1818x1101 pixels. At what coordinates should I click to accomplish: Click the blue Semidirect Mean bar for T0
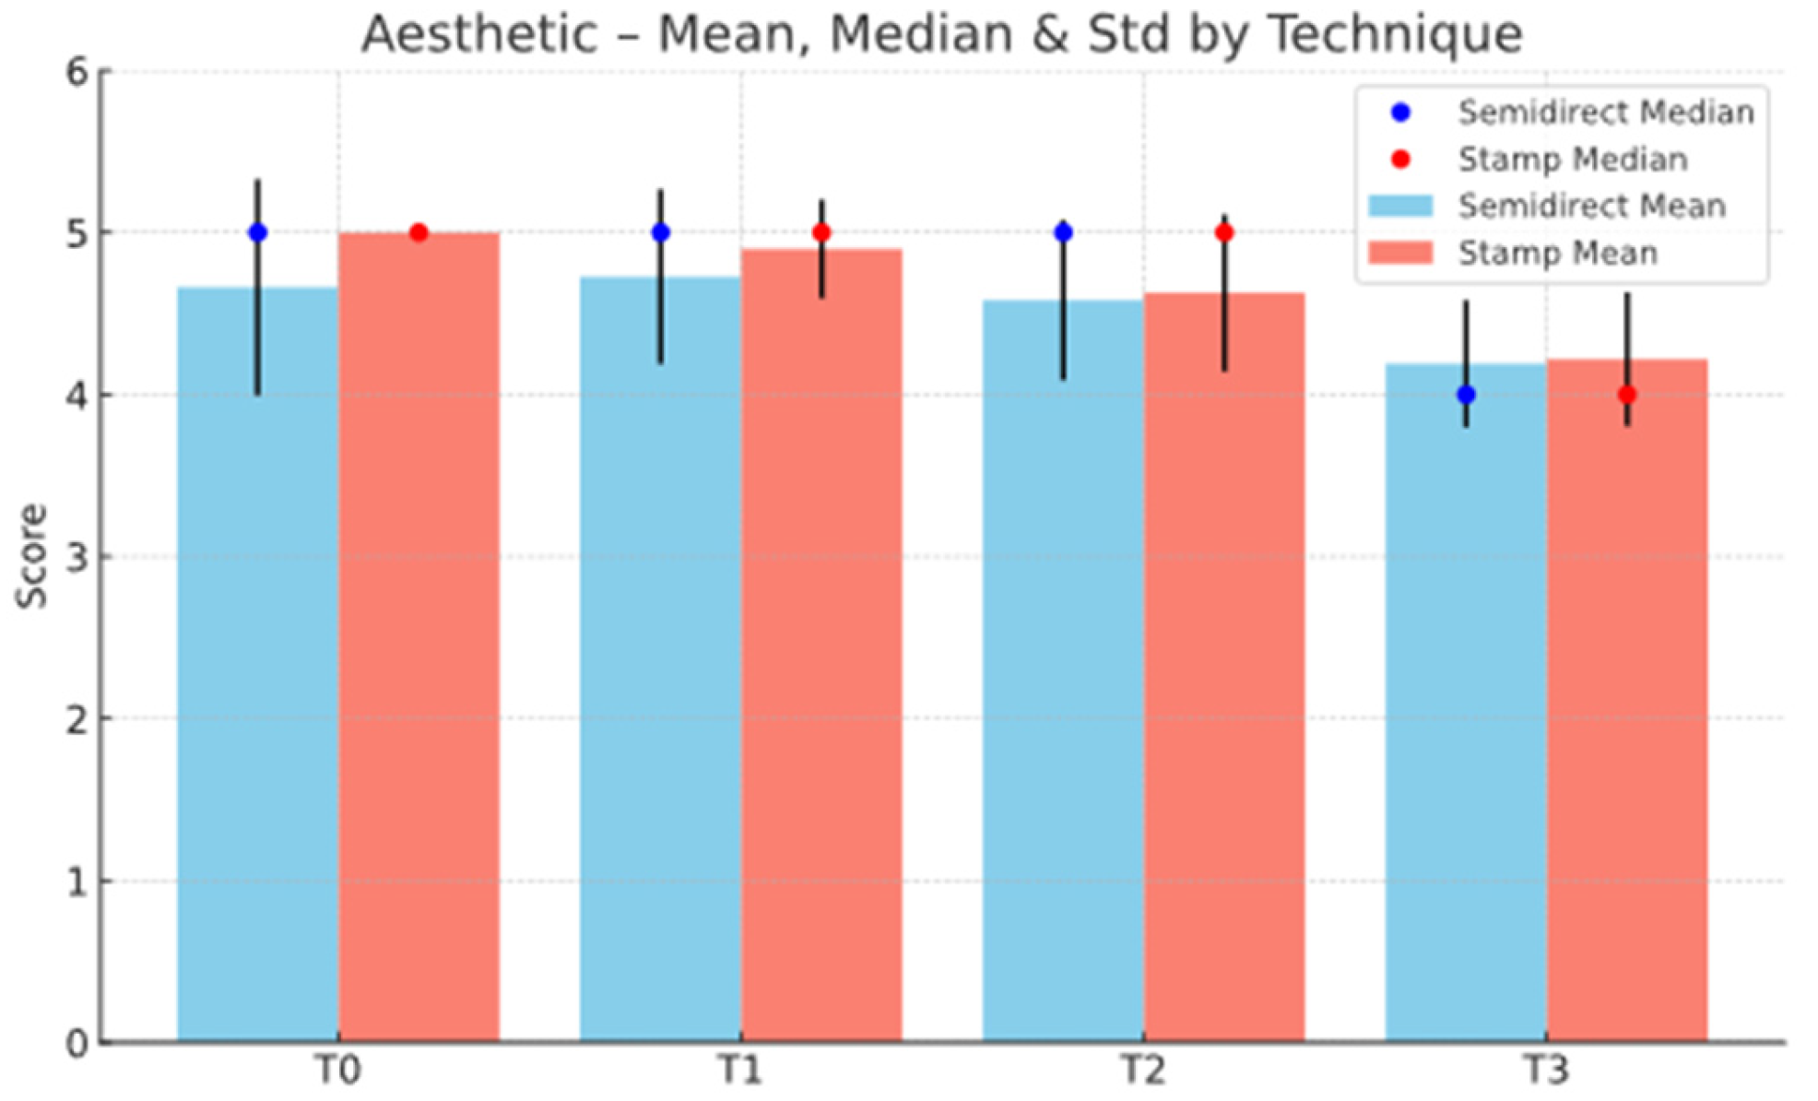coord(257,664)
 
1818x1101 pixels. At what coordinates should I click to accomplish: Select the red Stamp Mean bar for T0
coord(419,637)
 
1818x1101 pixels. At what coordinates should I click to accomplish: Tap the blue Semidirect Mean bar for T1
coord(660,659)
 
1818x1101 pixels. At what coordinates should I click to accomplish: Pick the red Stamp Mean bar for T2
coord(1224,668)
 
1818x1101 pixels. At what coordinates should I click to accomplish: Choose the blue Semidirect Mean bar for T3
coord(1466,703)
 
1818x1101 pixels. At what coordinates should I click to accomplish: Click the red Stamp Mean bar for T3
coord(1627,701)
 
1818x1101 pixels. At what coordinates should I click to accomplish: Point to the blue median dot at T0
coord(258,232)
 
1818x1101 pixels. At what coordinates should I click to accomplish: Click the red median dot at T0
coord(419,232)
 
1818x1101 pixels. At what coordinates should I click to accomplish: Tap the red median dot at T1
coord(821,232)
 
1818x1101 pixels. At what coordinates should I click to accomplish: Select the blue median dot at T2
coord(1063,232)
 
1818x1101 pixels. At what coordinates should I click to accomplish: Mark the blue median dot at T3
coord(1466,395)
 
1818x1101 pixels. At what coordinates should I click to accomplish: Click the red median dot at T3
coord(1627,395)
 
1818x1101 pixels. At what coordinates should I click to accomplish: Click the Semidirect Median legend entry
coord(1572,112)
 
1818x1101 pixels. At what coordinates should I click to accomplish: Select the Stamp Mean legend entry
coord(1513,253)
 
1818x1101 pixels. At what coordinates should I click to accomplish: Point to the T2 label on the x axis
coord(1143,1071)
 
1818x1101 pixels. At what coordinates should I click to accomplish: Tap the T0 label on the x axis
coord(337,1071)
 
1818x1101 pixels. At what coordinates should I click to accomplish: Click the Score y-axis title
coord(32,556)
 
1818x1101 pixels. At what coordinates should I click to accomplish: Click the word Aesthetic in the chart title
coord(479,34)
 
